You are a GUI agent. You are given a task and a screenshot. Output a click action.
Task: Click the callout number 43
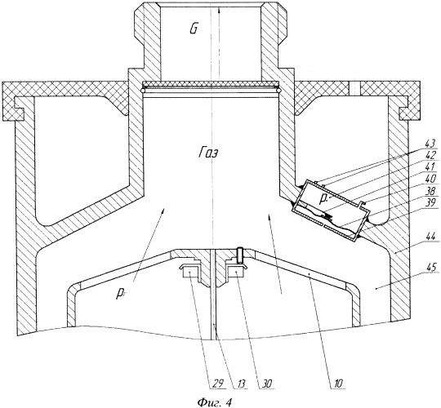click(x=430, y=144)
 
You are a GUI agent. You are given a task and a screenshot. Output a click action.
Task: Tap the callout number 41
click(x=430, y=167)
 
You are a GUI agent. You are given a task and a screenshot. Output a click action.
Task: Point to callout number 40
click(x=430, y=179)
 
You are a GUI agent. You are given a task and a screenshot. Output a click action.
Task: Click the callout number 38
click(x=430, y=191)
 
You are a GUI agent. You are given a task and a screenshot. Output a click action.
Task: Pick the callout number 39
click(x=430, y=203)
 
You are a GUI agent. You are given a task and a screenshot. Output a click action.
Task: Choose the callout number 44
click(x=430, y=236)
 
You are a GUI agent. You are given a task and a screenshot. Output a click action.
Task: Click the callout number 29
click(x=218, y=384)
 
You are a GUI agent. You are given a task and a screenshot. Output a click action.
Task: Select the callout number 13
click(x=240, y=384)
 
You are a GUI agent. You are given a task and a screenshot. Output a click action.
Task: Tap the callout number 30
click(x=265, y=384)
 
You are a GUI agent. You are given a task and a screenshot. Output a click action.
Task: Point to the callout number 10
click(x=338, y=384)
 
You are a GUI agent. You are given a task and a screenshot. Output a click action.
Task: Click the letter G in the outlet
click(x=194, y=29)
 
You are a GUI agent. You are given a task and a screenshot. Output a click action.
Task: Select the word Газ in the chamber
click(x=208, y=153)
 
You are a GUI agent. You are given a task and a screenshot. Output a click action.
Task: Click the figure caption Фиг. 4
click(x=214, y=402)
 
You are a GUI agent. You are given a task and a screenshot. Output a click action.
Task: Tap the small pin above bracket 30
click(x=240, y=255)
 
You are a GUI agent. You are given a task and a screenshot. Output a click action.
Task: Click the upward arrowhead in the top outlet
click(x=219, y=11)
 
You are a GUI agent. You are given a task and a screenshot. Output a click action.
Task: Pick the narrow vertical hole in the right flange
click(x=354, y=90)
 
